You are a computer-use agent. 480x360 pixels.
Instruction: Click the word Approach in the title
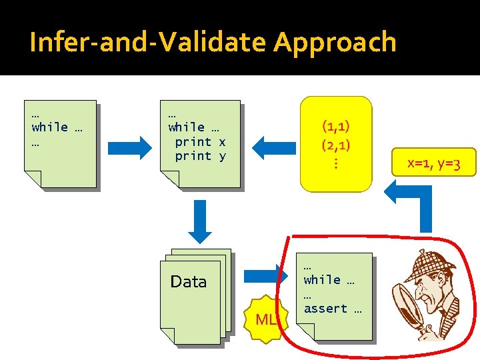(335, 43)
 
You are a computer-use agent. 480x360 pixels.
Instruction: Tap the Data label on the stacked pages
(189, 282)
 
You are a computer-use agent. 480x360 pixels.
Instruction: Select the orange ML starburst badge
(266, 319)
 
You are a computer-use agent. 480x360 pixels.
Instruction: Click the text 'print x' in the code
(200, 142)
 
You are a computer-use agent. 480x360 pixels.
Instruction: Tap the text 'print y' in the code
(200, 156)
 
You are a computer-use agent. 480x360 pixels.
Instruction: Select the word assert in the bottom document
(325, 309)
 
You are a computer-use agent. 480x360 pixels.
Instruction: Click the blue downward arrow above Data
(199, 221)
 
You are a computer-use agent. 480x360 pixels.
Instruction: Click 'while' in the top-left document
(50, 127)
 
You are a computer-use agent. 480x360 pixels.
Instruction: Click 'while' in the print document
(187, 127)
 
